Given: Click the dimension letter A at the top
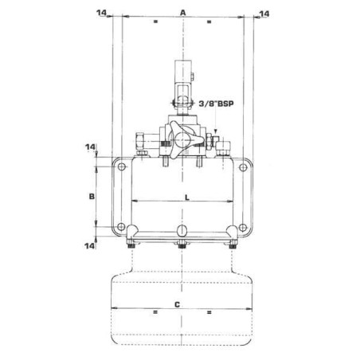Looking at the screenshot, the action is coord(182,13).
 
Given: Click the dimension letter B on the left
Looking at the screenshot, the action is coord(92,197).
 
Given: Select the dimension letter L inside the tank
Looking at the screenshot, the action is coord(187,198).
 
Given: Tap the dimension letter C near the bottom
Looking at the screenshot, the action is coord(177,304).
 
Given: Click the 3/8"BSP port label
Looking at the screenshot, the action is coord(217,104).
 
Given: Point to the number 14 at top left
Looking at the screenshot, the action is coord(101,13).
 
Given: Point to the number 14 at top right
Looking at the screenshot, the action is coord(264,14).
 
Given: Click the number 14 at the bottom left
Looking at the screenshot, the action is coord(89,246).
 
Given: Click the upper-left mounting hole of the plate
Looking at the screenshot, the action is coord(122,167).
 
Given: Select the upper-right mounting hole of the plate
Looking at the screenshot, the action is coord(243,167).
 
